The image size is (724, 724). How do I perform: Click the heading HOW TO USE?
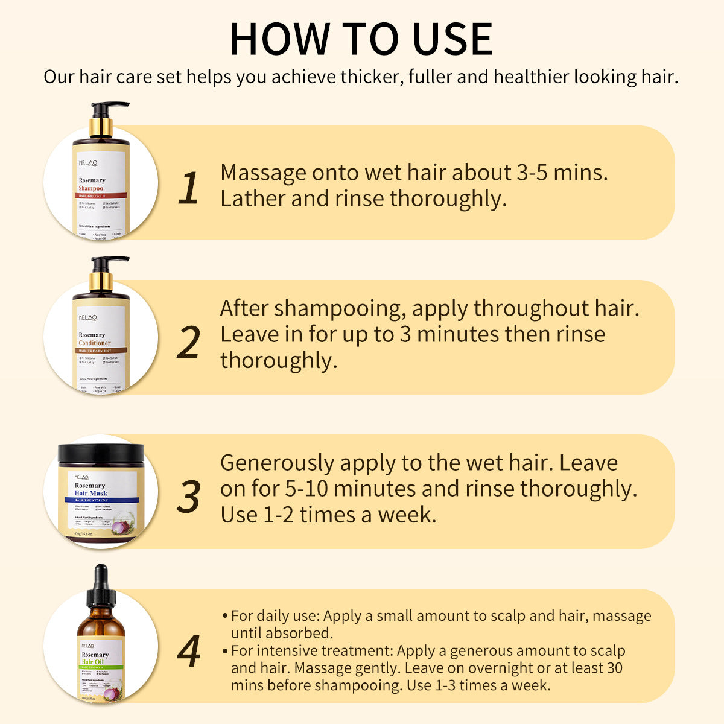(361, 40)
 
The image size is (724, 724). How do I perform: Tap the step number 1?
(189, 188)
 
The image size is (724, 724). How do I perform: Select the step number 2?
(189, 343)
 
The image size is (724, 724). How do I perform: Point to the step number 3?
(189, 497)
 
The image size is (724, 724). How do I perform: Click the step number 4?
(189, 652)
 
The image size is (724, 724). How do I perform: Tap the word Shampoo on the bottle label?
(91, 188)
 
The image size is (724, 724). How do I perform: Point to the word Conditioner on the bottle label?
(95, 343)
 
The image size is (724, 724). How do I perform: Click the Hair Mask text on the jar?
(91, 493)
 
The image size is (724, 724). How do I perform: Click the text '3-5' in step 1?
(533, 173)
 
